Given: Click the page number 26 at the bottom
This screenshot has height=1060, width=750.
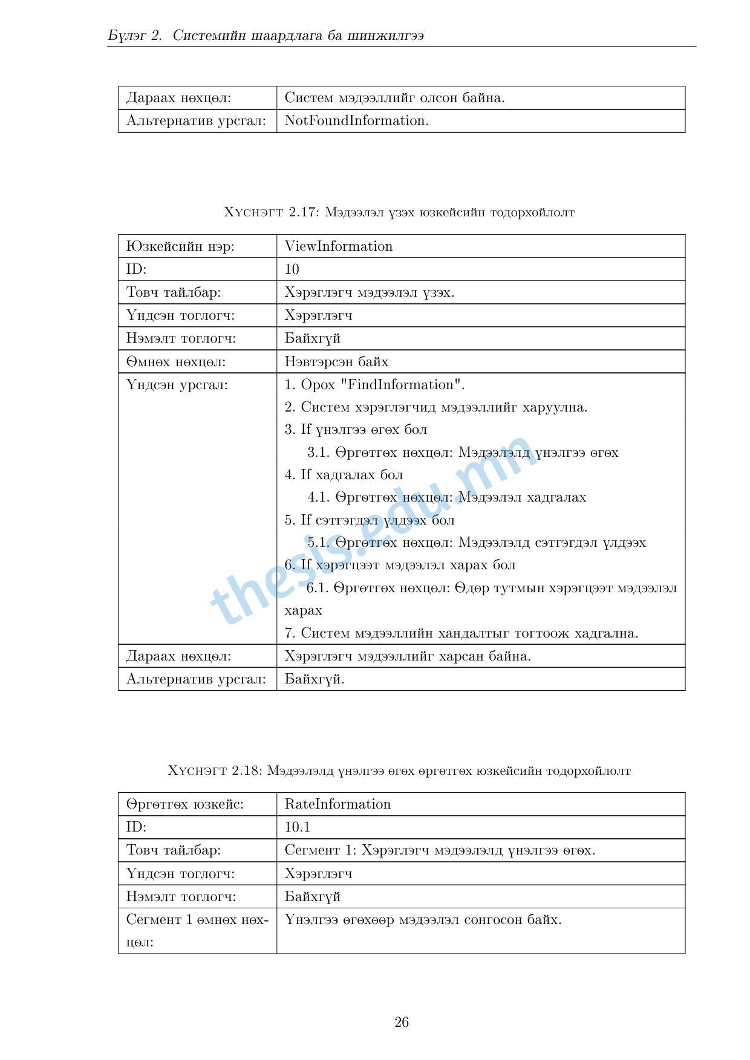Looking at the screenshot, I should point(402,1022).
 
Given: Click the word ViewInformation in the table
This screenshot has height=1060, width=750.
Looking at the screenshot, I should point(338,247).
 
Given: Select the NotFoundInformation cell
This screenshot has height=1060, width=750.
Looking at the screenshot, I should point(356,121).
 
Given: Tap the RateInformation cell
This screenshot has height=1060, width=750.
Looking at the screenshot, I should point(337,804).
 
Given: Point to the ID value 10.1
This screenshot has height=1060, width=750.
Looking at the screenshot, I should point(297,827).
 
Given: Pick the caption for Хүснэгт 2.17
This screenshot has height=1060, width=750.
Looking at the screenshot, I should point(399,212).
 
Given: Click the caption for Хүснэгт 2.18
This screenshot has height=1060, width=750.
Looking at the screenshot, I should point(399,771).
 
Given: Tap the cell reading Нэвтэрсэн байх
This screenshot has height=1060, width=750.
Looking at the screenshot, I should point(336,362).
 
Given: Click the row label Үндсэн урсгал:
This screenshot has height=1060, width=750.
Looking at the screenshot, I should point(177,385).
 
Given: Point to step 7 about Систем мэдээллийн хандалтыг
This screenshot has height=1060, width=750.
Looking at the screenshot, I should point(461,633).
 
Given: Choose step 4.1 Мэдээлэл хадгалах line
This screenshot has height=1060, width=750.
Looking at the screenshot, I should point(446,497).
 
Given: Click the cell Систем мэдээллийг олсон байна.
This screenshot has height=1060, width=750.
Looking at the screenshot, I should point(394,98).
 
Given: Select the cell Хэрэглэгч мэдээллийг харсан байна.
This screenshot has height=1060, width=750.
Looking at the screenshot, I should point(408,656).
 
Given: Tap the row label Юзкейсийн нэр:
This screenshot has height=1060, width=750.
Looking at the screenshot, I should point(180,247).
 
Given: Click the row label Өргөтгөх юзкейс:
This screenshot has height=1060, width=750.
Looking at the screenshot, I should point(184,804).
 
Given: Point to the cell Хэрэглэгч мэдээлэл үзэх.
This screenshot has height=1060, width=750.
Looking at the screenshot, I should point(369,292).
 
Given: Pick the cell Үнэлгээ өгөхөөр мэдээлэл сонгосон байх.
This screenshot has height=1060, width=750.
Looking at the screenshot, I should point(423,920).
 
